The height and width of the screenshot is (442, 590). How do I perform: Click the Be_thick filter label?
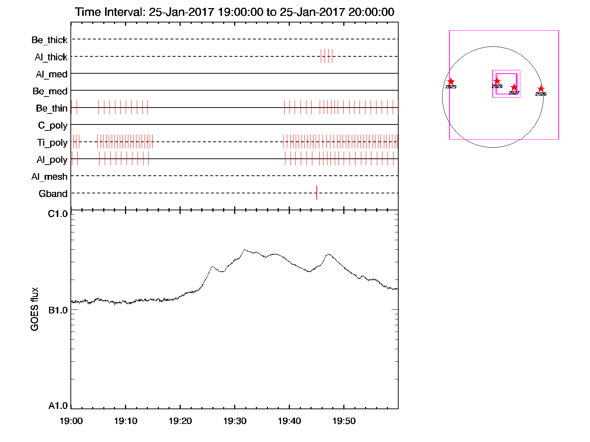click(49, 40)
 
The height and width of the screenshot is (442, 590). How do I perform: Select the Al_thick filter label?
click(51, 57)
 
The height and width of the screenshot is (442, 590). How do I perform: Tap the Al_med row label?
click(51, 74)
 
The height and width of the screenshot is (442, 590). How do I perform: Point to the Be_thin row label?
click(52, 108)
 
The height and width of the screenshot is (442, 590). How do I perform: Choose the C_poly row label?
click(53, 126)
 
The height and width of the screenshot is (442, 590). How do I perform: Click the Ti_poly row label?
click(52, 143)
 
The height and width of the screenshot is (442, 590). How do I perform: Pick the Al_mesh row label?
click(49, 177)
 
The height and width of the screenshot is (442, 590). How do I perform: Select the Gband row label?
click(53, 194)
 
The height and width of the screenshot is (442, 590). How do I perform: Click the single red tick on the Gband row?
click(317, 193)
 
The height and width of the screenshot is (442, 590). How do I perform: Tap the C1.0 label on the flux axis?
click(58, 214)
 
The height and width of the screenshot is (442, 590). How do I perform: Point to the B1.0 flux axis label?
click(58, 310)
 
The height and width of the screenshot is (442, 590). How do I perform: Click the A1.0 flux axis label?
click(58, 406)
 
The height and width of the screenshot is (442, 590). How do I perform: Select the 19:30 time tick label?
click(235, 421)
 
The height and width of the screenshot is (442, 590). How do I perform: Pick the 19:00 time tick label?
click(71, 421)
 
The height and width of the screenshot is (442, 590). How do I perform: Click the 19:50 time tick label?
click(344, 421)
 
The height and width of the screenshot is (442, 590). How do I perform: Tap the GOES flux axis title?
click(35, 309)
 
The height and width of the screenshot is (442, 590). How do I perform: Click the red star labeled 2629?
click(451, 82)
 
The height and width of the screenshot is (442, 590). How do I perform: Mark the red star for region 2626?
click(541, 89)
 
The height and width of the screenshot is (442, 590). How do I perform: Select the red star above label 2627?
click(514, 88)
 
